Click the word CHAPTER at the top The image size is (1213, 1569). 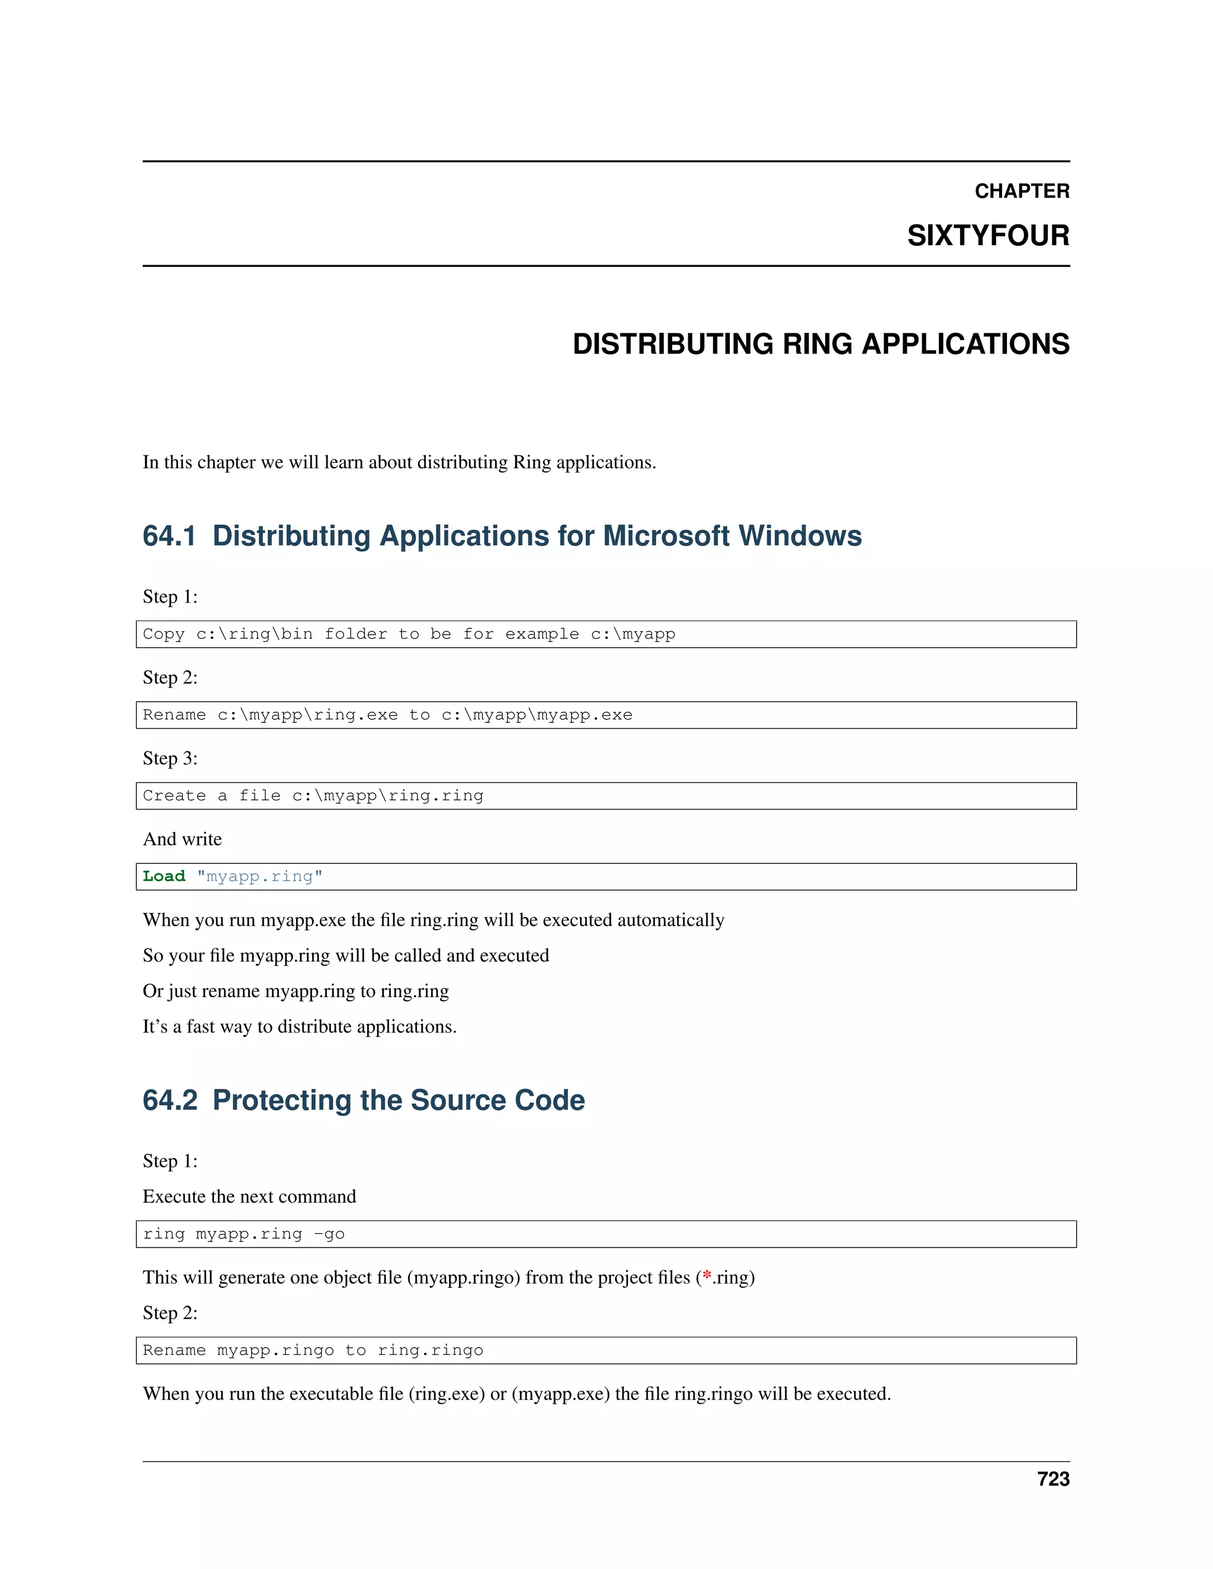tap(1021, 191)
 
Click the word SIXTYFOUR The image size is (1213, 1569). tap(987, 236)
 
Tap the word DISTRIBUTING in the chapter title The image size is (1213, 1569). tap(672, 344)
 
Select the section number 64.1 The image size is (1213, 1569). tap(169, 536)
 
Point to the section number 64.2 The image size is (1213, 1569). tap(169, 1100)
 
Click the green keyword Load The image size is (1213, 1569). tap(164, 876)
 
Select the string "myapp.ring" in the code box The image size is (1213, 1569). tap(259, 876)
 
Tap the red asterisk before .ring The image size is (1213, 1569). tap(707, 1277)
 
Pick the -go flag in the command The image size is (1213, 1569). tap(329, 1234)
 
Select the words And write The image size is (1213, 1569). tap(182, 839)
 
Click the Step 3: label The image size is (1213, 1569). tap(171, 758)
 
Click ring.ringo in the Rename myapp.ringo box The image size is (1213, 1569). tap(430, 1351)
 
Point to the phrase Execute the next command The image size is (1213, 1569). tap(249, 1197)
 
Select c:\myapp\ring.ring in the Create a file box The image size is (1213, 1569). tap(387, 796)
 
